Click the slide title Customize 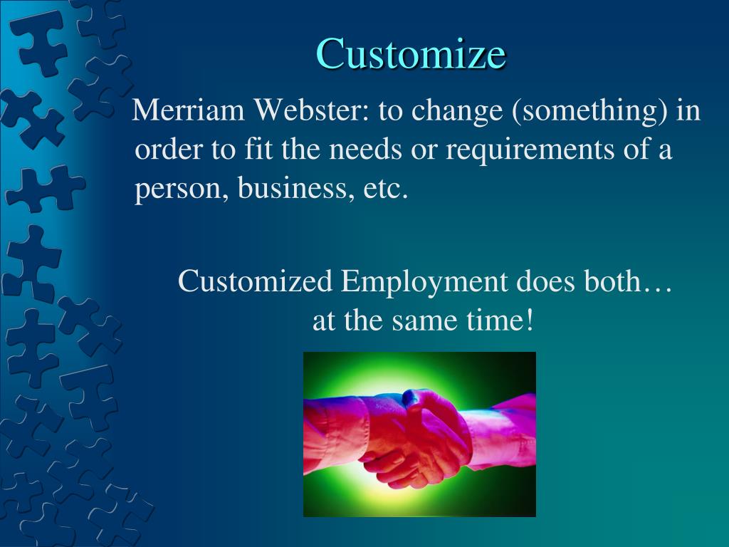(411, 53)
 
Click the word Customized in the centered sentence (256, 282)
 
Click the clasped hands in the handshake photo (420, 434)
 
